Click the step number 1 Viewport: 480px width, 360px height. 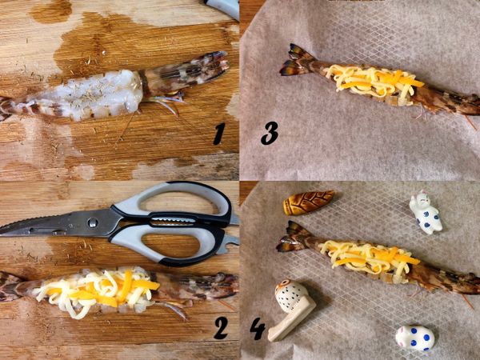[x=219, y=134]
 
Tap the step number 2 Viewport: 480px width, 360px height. [x=221, y=327]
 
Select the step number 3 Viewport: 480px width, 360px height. [x=270, y=133]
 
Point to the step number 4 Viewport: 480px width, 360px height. [x=258, y=329]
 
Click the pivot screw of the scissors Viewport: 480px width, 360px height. [x=93, y=222]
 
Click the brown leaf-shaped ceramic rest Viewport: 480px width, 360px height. [x=308, y=202]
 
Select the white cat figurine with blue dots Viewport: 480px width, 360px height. [x=426, y=212]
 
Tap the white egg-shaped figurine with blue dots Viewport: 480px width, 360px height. [x=414, y=338]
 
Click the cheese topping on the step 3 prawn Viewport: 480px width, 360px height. [x=374, y=80]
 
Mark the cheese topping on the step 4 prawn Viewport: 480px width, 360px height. [x=370, y=258]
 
